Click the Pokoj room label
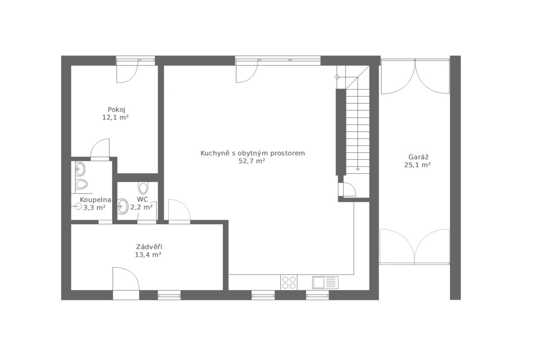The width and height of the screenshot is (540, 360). (117, 110)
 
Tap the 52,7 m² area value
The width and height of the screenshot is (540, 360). (252, 161)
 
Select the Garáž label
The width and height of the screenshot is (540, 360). (418, 157)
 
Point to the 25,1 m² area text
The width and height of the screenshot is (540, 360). (418, 165)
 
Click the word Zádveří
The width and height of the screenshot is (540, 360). (149, 247)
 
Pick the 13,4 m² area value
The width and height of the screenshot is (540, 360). (148, 255)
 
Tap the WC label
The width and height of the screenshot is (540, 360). (142, 199)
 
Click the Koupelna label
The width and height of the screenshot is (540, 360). (95, 200)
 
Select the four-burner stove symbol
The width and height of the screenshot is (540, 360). (289, 283)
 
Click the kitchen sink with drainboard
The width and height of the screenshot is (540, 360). (325, 283)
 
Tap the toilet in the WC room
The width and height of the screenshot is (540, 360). (143, 188)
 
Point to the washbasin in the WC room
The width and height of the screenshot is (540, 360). (123, 207)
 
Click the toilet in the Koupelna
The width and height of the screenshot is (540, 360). (81, 184)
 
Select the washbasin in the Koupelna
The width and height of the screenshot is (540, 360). (80, 169)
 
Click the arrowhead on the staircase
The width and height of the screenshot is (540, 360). (358, 169)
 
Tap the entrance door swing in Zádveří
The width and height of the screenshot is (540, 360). (126, 279)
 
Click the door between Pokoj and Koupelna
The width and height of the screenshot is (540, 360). (100, 148)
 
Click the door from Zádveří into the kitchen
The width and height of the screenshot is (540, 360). (179, 210)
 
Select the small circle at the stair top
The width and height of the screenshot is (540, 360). (337, 77)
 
